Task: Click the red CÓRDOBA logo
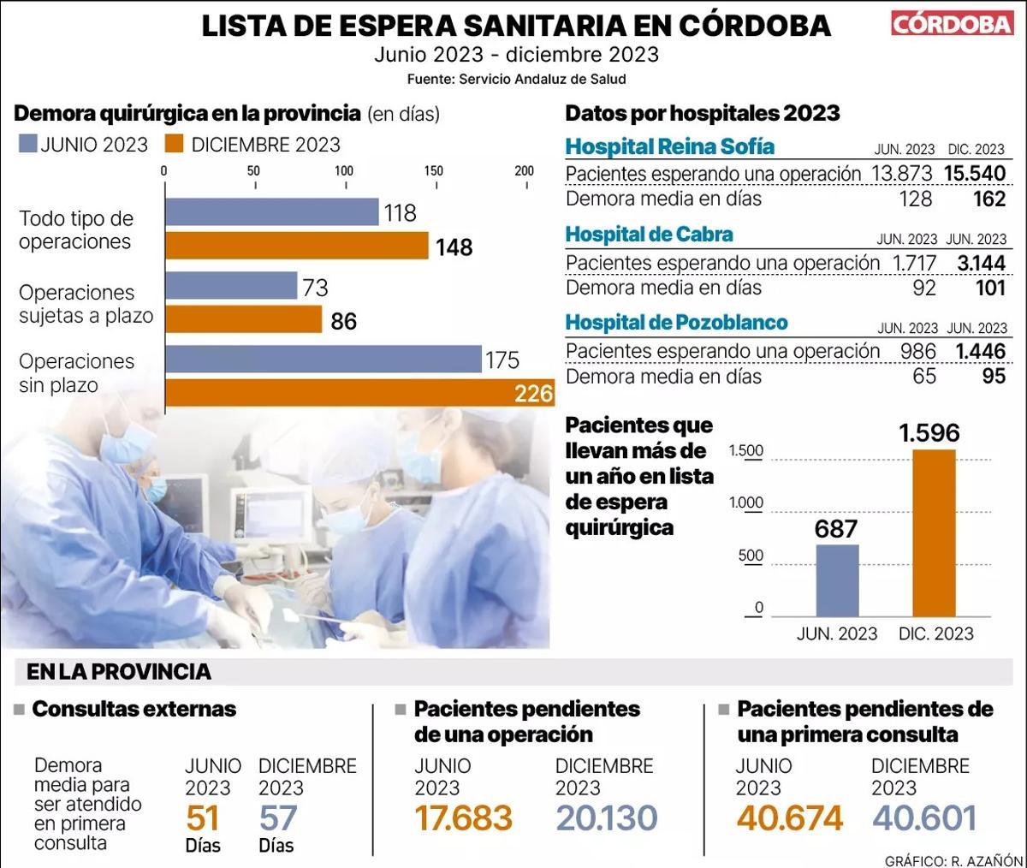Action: pos(952,23)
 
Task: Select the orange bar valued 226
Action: pos(359,394)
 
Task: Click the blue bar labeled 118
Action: pos(271,212)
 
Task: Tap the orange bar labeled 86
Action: pos(243,320)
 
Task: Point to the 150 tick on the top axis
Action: pos(434,171)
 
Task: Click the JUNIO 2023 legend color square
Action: pos(27,144)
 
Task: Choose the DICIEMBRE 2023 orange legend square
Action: pos(175,144)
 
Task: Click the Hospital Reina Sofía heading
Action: pos(669,146)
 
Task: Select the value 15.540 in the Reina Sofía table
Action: pos(975,173)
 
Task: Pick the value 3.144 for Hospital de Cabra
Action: pos(981,263)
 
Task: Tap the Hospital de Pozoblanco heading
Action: pos(676,323)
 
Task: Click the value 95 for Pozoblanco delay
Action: pos(993,377)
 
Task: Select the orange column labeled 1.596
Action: pos(934,532)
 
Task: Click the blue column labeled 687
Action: pos(837,580)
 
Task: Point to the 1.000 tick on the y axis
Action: pos(745,503)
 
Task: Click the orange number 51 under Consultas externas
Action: pos(203,818)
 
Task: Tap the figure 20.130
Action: pos(606,818)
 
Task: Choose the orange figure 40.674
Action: pos(789,818)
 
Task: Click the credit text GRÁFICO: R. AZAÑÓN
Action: pos(953,859)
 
